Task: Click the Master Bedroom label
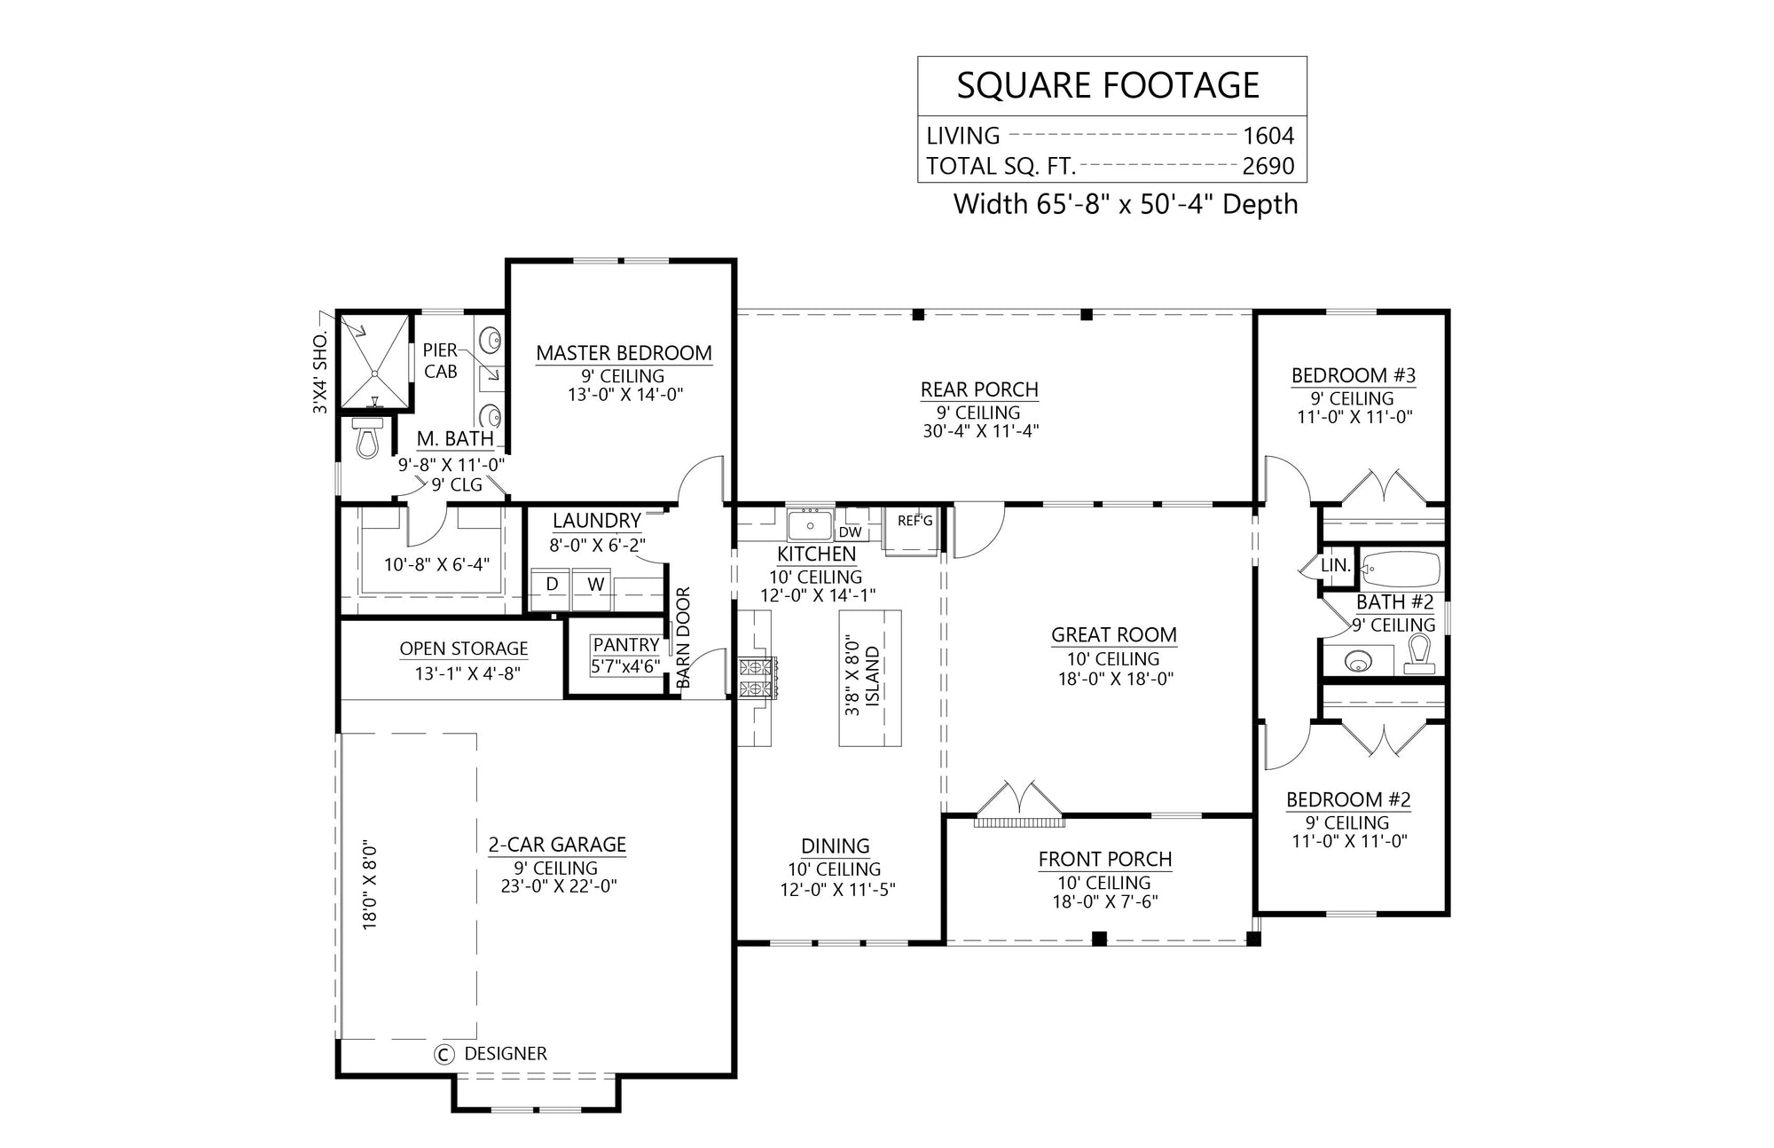(x=624, y=353)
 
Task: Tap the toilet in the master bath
(x=367, y=439)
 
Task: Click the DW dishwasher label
(x=850, y=532)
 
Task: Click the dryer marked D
(x=552, y=585)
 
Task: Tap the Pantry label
(x=626, y=645)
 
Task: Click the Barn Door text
(x=684, y=638)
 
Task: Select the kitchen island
(x=871, y=679)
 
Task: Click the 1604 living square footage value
(x=1268, y=136)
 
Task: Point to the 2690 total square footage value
(x=1268, y=166)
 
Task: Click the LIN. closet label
(x=1335, y=565)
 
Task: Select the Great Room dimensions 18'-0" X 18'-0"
(x=1113, y=680)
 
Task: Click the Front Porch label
(x=1105, y=859)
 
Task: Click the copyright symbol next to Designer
(x=443, y=1054)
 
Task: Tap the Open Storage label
(x=463, y=649)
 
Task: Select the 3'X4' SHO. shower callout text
(x=320, y=373)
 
